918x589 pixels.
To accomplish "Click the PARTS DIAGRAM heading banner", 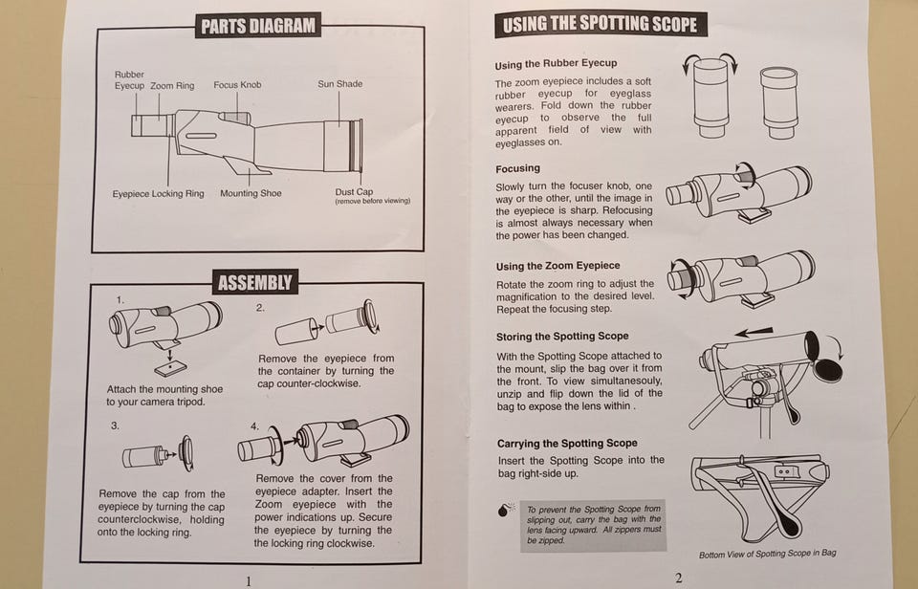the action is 257,25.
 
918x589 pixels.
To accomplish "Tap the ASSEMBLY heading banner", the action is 255,282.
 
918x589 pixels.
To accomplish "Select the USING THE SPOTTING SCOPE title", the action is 601,24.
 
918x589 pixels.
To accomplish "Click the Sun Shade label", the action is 340,84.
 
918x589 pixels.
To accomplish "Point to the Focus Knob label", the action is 237,85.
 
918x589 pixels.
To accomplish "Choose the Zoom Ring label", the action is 172,85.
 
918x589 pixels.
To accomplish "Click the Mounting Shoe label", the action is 251,193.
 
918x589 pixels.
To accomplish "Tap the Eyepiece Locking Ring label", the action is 158,194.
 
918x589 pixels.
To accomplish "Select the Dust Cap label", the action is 354,191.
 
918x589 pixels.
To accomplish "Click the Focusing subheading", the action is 517,168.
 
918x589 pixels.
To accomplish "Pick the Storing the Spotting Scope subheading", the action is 562,337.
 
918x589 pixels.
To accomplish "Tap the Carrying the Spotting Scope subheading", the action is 567,444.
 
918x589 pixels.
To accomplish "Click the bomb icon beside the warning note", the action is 505,510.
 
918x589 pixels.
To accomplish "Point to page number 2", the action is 679,578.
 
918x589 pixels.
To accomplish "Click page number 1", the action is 249,581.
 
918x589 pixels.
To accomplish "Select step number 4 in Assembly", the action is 254,426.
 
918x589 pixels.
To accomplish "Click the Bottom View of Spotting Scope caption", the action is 767,554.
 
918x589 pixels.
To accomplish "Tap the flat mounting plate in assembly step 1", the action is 171,369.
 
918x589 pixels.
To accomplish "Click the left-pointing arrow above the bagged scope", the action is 754,333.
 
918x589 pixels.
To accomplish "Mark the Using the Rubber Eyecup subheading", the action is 556,64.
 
